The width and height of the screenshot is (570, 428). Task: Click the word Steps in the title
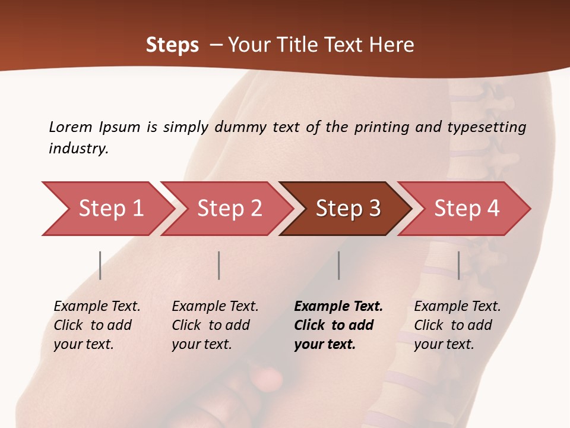[x=172, y=45]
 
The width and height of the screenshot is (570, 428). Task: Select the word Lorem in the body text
[x=70, y=127]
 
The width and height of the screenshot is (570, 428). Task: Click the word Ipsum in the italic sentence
[x=119, y=127]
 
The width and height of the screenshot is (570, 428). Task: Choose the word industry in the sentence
[x=78, y=148]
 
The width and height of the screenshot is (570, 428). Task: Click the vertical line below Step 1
[x=100, y=265]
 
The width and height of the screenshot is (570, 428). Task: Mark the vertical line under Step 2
[x=219, y=265]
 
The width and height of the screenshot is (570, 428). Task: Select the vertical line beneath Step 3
[x=339, y=265]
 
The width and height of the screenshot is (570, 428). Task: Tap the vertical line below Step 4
[x=459, y=265]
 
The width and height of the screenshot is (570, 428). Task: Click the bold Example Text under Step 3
[x=338, y=307]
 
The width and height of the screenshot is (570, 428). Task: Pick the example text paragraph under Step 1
[x=97, y=325]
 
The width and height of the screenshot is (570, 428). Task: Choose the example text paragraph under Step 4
[x=457, y=325]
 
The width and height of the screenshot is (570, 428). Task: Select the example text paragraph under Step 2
[x=215, y=325]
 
